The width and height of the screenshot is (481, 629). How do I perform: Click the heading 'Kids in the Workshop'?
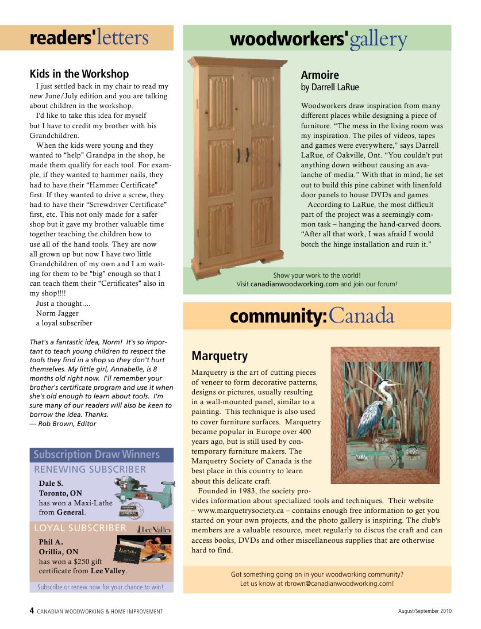[x=79, y=74]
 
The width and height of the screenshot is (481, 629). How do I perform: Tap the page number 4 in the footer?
[x=32, y=611]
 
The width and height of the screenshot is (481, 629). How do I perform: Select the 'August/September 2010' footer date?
[x=425, y=611]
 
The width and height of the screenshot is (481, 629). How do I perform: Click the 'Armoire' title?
[x=320, y=75]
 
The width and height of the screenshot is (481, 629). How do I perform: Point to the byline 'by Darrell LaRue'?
[x=330, y=87]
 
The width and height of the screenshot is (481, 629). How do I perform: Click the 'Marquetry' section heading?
[x=220, y=356]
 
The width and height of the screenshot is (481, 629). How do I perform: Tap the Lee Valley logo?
[x=153, y=529]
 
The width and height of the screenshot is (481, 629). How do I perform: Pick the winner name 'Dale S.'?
[x=51, y=484]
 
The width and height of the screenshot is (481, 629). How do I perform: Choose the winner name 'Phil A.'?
[x=51, y=542]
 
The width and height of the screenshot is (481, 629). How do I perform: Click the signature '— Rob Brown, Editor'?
[x=63, y=424]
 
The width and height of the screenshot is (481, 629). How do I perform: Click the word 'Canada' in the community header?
[x=361, y=316]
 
